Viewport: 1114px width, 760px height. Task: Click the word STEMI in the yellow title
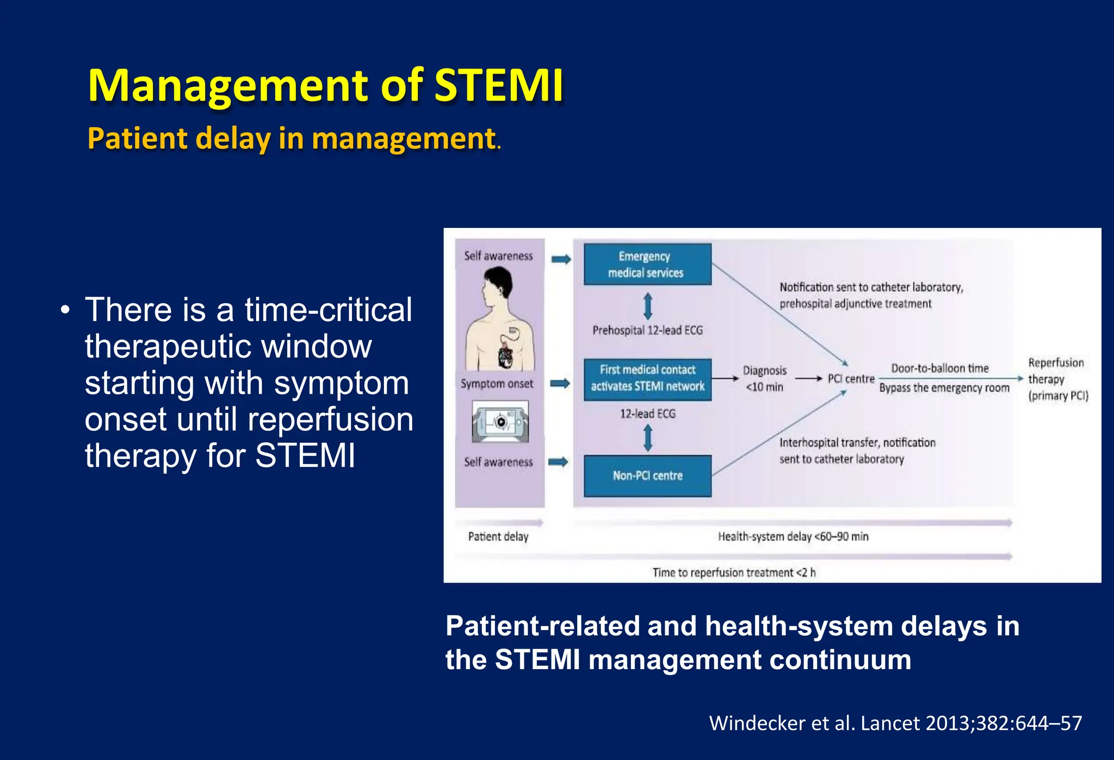click(499, 85)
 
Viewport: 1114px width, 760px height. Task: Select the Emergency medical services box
click(647, 264)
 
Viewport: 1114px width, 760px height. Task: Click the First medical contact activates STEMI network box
click(647, 379)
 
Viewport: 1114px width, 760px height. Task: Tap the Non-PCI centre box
click(647, 475)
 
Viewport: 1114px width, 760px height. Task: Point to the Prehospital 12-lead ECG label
click(647, 330)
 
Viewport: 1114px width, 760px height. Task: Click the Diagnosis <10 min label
click(764, 379)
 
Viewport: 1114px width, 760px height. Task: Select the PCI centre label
click(851, 379)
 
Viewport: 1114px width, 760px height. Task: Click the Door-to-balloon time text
click(939, 368)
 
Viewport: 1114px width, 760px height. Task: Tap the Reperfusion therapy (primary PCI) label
click(1057, 379)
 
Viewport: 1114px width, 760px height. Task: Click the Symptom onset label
click(497, 384)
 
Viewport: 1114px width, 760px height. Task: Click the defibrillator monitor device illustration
click(500, 422)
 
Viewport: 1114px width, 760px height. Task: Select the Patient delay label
click(498, 536)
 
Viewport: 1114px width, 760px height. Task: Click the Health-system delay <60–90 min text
click(793, 536)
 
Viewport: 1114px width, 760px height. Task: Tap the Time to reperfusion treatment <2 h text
click(734, 572)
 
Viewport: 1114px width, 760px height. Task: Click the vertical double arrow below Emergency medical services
click(647, 306)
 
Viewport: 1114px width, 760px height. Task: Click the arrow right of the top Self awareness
click(561, 259)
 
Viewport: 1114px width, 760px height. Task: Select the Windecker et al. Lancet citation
click(895, 723)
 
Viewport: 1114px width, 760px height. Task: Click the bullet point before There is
click(66, 311)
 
